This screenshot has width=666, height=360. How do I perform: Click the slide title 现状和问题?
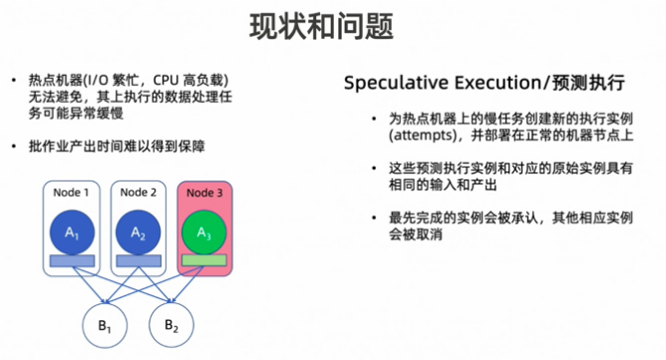point(332,22)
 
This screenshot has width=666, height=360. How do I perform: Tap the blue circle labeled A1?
point(71,232)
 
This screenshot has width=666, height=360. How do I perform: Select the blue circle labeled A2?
point(138,232)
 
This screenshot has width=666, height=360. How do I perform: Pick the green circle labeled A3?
point(204,232)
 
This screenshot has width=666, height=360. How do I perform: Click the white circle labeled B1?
point(102,325)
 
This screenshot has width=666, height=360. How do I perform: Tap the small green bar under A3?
point(204,261)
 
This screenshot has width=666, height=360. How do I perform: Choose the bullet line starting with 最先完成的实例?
point(508,217)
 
